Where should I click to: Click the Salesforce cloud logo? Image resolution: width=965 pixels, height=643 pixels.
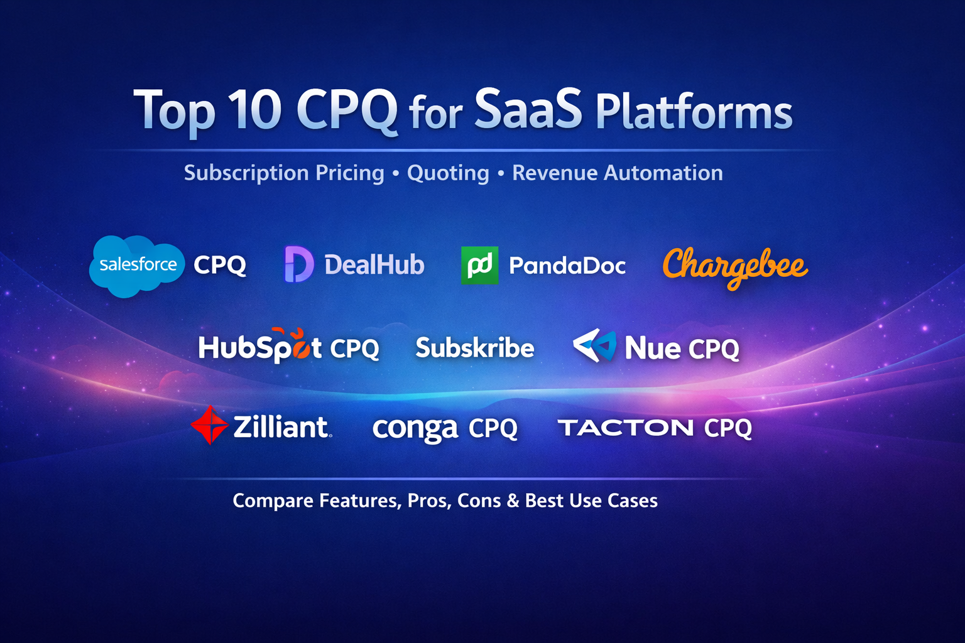tap(137, 266)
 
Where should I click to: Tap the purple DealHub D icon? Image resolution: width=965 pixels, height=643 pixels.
tap(298, 264)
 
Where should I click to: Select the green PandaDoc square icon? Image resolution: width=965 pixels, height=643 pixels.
tap(479, 265)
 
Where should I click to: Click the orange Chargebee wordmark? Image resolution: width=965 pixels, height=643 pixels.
tap(735, 267)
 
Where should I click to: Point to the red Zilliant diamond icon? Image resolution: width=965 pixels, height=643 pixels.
tap(209, 425)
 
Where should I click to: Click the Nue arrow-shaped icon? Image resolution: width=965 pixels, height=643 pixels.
tap(594, 345)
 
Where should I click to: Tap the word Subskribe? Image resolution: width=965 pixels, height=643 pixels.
tap(475, 347)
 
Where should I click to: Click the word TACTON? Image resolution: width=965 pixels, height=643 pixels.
tap(626, 428)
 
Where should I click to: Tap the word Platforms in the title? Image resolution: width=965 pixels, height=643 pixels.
tap(694, 112)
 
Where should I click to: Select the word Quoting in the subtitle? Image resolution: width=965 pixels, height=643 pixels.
tap(448, 173)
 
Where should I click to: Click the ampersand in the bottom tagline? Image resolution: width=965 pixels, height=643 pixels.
tap(513, 500)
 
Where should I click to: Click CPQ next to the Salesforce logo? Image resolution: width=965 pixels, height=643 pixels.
tap(220, 264)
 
